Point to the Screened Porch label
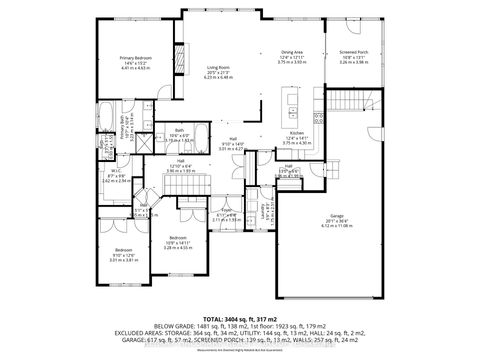[x=352, y=57]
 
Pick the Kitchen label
[x=297, y=133]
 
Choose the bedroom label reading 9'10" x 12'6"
[x=123, y=253]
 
